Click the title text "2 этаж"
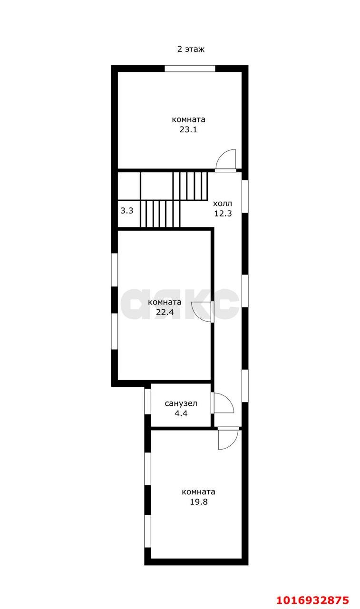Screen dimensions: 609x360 tap(191, 49)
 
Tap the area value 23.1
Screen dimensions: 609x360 tap(188, 129)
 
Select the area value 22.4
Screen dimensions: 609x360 tap(165, 312)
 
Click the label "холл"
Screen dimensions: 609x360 tap(222, 203)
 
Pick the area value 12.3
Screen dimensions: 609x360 tap(223, 213)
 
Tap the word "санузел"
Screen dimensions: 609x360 tap(181, 403)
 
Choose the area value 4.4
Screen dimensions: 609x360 tap(181, 413)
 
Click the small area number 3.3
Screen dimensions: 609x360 tap(126, 210)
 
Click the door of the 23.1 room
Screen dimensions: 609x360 tap(226, 160)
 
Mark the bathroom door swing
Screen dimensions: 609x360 tap(224, 403)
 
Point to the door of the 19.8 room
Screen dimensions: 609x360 tap(227, 439)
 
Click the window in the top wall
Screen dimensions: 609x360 tap(190, 69)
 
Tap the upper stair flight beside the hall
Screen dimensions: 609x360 tap(190, 186)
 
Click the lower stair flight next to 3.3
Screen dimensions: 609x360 tap(160, 214)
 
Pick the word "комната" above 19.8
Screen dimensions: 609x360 tap(198, 492)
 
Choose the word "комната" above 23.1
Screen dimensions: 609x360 tap(188, 119)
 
